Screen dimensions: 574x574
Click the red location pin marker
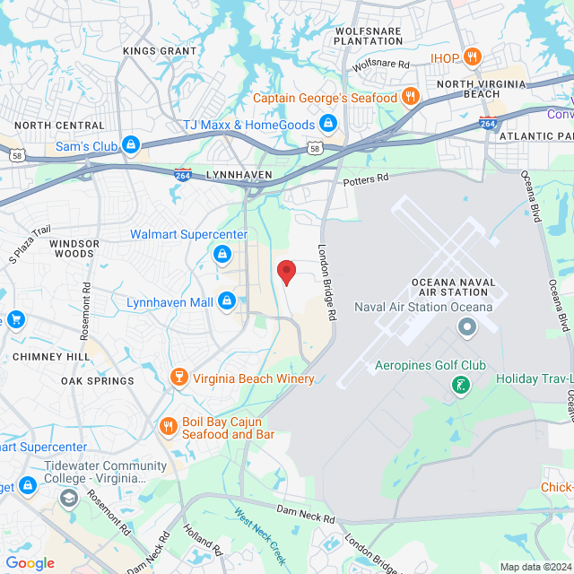[x=286, y=271]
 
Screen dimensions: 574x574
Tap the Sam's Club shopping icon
[x=131, y=143]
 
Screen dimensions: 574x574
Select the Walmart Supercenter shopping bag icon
[x=221, y=256]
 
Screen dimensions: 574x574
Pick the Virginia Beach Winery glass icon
[x=178, y=378]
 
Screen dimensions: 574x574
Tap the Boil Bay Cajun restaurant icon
[x=167, y=426]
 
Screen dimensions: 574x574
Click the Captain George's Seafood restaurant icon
[x=410, y=97]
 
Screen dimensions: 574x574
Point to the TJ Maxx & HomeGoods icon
[x=328, y=124]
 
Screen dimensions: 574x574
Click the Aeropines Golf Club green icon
[x=460, y=386]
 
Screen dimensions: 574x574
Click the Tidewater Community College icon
[x=29, y=485]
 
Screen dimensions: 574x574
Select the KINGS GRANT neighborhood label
[x=160, y=51]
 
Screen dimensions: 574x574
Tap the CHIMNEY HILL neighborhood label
[x=51, y=356]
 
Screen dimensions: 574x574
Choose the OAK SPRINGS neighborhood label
[x=98, y=380]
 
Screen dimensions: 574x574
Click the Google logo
[x=30, y=563]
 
